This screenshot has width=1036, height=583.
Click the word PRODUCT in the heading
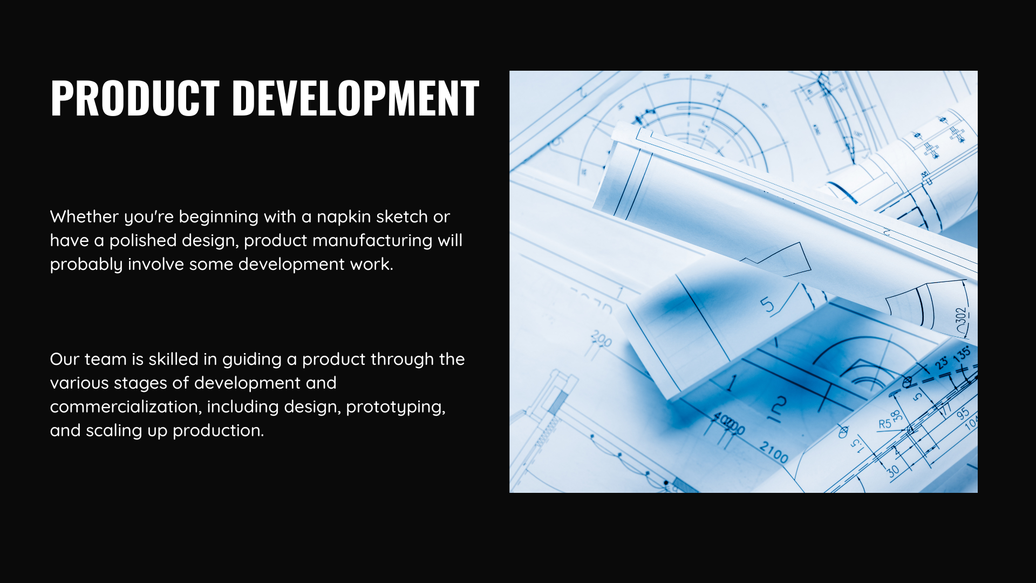tap(135, 98)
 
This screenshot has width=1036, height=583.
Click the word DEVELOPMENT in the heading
tap(356, 98)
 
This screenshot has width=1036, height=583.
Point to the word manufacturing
tap(372, 241)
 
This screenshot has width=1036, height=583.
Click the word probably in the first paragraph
tap(86, 265)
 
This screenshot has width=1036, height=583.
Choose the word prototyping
tap(396, 407)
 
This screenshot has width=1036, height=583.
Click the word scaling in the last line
tap(114, 431)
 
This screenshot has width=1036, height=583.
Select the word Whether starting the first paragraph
tap(84, 216)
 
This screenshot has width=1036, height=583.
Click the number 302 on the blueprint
tap(962, 319)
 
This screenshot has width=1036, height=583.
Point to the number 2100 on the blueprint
tap(774, 452)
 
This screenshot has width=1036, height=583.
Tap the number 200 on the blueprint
tap(601, 339)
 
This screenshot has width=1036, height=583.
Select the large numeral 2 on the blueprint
tap(779, 406)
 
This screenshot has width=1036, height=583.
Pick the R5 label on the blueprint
tap(885, 424)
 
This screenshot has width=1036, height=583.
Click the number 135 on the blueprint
tap(962, 355)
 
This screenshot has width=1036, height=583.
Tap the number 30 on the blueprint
tap(893, 470)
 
